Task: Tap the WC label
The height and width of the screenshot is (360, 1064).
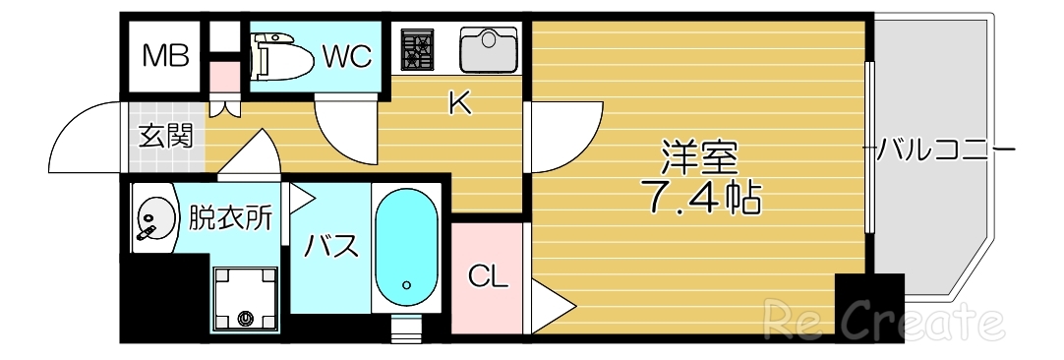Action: pyautogui.click(x=347, y=56)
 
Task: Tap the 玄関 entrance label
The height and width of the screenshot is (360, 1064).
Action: pyautogui.click(x=165, y=136)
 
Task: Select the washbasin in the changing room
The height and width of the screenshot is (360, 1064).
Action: pyautogui.click(x=151, y=216)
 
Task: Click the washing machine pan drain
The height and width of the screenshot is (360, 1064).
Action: pyautogui.click(x=245, y=318)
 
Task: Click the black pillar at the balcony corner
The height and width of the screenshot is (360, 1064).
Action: pyautogui.click(x=868, y=307)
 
